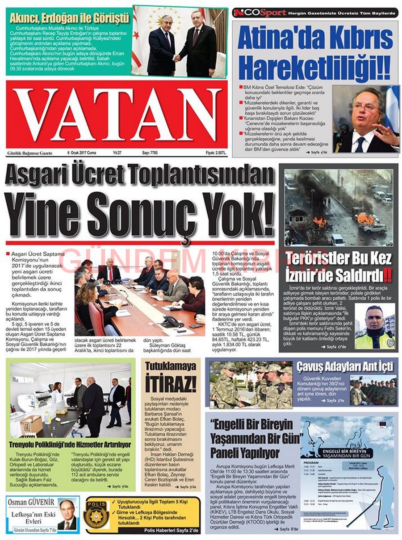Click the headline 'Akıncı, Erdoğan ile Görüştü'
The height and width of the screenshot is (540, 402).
point(69,19)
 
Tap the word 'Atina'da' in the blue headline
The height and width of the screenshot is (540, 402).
point(275,39)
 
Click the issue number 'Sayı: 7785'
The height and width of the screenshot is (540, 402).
point(152,153)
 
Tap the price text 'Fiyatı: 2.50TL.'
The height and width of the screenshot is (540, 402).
point(216,153)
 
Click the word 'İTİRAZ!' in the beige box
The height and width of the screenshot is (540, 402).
point(171,384)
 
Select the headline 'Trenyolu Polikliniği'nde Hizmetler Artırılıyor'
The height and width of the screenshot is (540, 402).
point(70,445)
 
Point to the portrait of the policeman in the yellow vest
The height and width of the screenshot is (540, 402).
point(374,327)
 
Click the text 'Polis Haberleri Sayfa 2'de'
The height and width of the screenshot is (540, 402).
point(172,530)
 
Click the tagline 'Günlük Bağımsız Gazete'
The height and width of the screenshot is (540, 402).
point(30,153)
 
